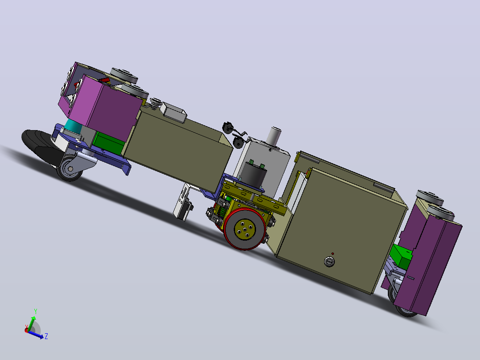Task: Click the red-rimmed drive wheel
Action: coord(244,229)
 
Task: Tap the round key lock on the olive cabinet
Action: coord(329,262)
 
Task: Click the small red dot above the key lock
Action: coord(333,254)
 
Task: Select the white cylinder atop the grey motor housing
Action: coord(274,136)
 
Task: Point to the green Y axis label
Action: coord(36,311)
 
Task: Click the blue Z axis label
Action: coord(46,336)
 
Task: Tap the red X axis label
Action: coord(27,327)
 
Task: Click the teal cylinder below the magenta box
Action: coord(73,127)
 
